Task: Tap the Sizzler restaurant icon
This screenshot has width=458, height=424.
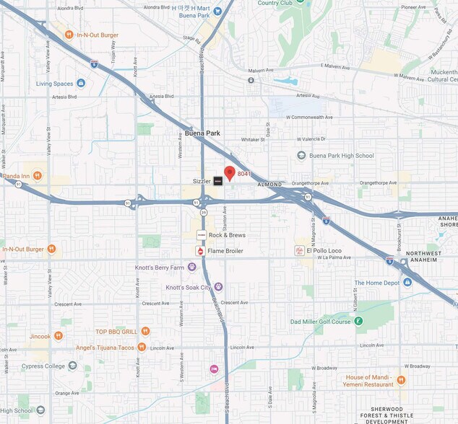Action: [217, 181]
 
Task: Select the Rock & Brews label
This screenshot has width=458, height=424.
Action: [226, 235]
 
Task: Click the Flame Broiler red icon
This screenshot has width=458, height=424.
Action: [200, 251]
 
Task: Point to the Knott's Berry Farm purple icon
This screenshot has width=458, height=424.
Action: [191, 267]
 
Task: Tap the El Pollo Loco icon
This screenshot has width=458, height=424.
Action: [299, 251]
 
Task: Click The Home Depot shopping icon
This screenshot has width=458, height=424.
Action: [407, 283]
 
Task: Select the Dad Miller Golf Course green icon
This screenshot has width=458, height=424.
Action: [358, 321]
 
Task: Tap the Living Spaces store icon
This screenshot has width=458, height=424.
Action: [80, 83]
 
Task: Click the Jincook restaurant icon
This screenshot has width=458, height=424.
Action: [59, 335]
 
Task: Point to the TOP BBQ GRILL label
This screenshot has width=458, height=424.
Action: [116, 331]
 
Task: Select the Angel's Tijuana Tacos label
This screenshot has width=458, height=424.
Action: [105, 347]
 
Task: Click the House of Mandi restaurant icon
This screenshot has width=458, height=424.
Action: [401, 380]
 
